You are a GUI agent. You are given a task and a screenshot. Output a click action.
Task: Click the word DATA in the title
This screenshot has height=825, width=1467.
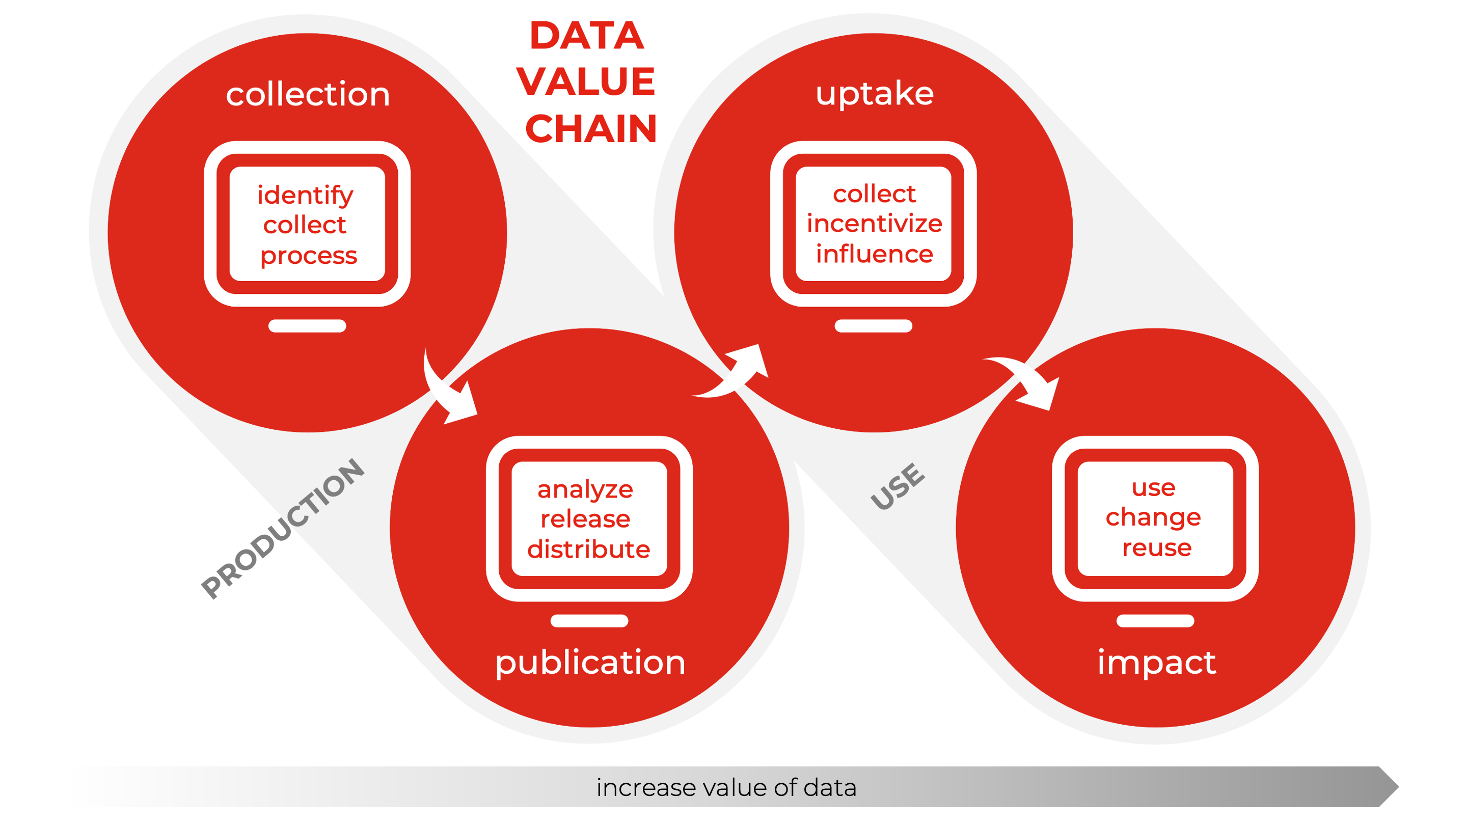[x=587, y=35]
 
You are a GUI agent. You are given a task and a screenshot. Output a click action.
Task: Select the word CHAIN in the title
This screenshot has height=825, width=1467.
[x=590, y=129]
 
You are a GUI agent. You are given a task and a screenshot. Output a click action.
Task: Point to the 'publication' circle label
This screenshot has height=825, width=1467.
[x=590, y=662]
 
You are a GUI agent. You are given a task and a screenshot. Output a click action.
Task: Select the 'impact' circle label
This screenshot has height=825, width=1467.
[x=1156, y=662]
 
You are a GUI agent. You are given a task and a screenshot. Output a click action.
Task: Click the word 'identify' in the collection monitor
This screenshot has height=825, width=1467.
[x=305, y=195]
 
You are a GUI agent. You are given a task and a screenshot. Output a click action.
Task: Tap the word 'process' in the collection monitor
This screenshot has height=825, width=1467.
[x=308, y=256]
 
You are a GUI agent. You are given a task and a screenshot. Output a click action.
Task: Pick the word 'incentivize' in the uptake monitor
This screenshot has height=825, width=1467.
[x=874, y=223]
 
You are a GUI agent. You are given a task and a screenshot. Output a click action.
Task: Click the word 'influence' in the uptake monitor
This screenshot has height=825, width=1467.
[x=874, y=254]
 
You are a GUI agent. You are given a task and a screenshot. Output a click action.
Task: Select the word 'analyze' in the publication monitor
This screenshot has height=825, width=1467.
[x=585, y=489]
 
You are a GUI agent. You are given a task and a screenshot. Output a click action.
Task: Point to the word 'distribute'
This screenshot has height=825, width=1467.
[x=588, y=549]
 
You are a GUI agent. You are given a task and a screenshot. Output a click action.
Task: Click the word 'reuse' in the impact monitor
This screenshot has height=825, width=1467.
[x=1156, y=548]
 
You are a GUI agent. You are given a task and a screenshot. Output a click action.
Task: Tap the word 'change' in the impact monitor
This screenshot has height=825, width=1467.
[x=1153, y=517]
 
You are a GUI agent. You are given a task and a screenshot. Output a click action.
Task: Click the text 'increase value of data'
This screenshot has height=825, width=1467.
[x=726, y=787]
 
